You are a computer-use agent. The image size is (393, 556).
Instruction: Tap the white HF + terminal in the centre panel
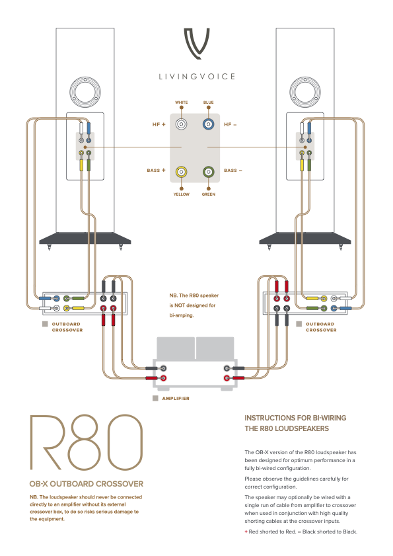[182, 124]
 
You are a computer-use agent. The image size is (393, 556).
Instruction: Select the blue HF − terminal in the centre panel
[208, 124]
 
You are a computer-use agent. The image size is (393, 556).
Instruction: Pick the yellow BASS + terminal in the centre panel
[182, 173]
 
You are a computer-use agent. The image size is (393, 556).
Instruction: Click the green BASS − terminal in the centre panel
[208, 173]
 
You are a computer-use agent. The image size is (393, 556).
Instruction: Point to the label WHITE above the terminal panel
[182, 102]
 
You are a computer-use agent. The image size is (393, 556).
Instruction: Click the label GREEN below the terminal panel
[208, 194]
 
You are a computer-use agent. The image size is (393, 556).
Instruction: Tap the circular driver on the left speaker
[85, 91]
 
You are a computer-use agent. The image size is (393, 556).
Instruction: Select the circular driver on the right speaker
[305, 91]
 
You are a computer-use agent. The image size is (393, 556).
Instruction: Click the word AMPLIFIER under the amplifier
[176, 399]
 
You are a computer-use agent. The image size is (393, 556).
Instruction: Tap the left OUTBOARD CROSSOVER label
[67, 327]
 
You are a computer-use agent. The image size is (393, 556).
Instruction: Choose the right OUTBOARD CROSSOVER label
[321, 327]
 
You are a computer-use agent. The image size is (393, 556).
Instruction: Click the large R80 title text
[87, 443]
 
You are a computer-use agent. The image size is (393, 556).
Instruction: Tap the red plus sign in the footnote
[246, 532]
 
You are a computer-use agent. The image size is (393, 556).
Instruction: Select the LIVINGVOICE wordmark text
[197, 77]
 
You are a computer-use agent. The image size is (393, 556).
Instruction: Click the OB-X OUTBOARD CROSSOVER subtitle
[87, 484]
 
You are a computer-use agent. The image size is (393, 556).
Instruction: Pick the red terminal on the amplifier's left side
[163, 378]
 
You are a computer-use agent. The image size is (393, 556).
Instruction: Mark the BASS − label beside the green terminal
[232, 171]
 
